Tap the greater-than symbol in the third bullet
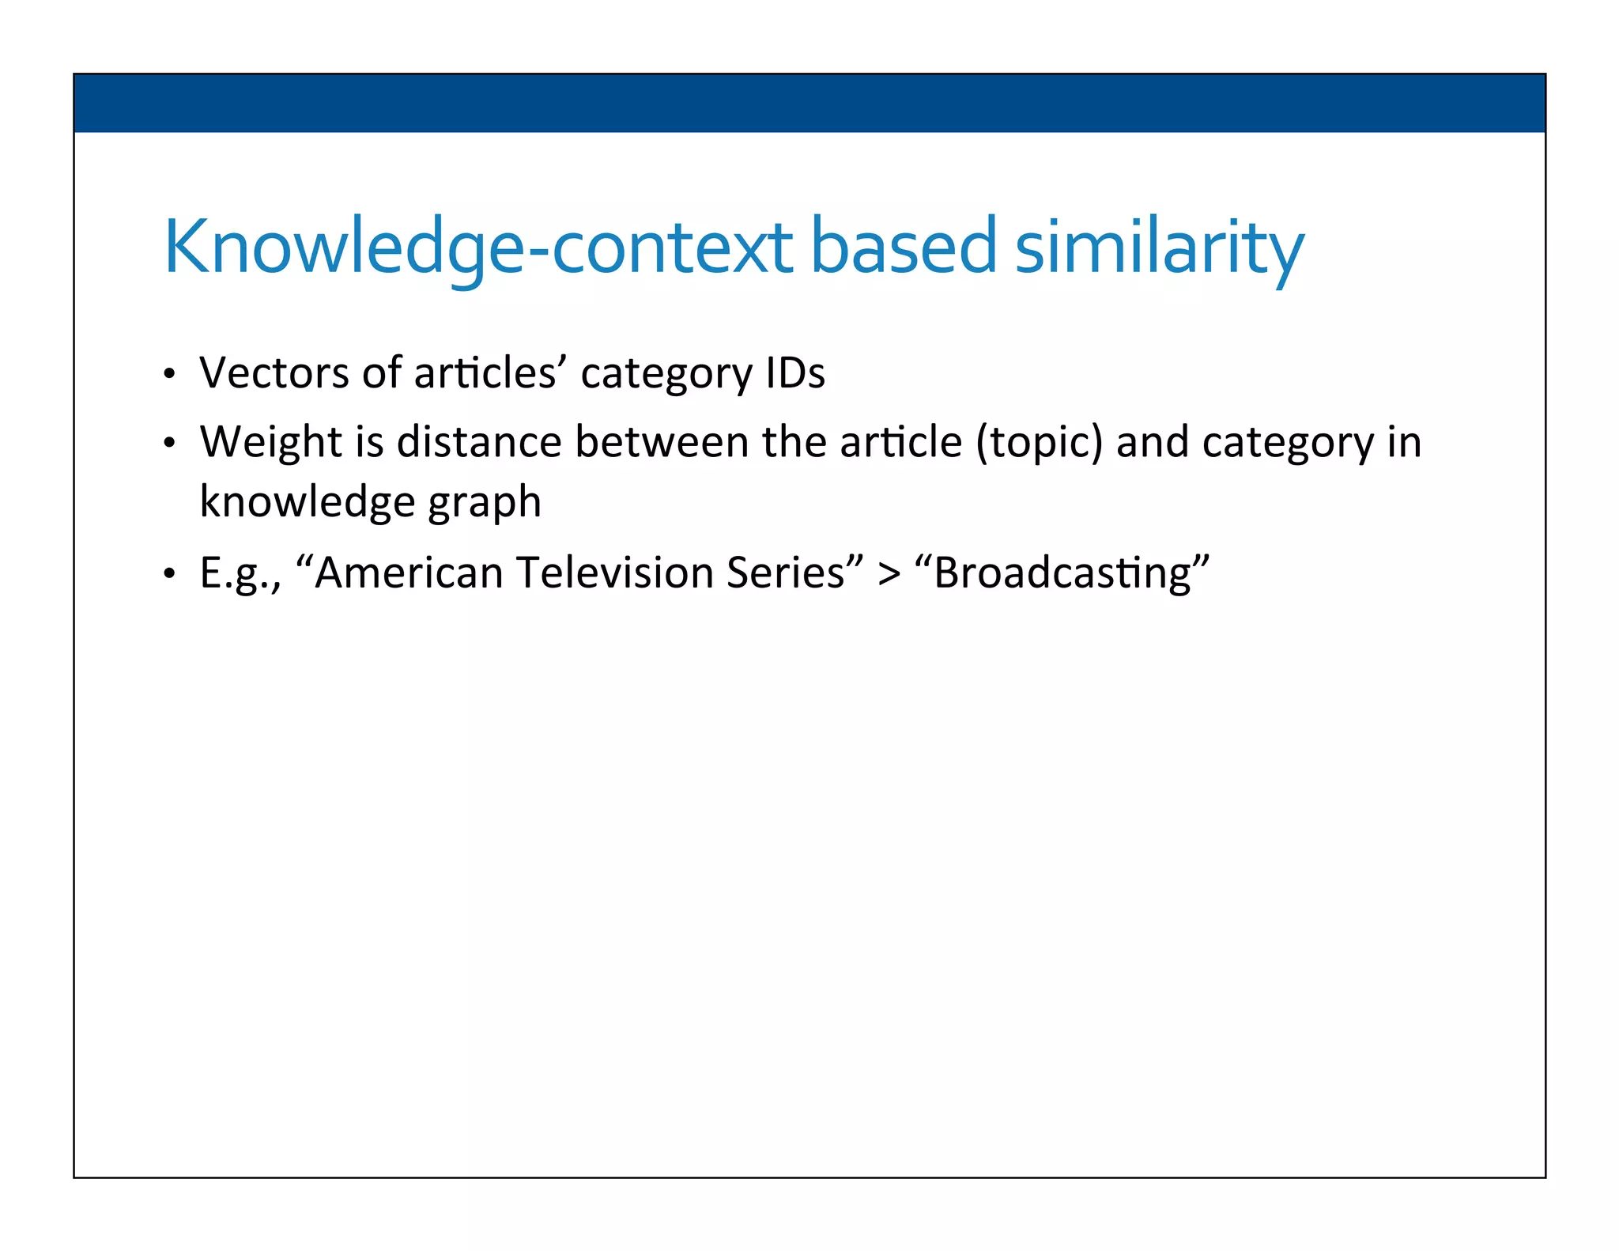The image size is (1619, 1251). (889, 574)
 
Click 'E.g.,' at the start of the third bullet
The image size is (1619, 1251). (240, 574)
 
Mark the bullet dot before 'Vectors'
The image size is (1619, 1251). (169, 375)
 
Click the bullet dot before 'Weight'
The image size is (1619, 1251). (169, 444)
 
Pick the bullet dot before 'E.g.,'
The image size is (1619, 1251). (169, 575)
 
